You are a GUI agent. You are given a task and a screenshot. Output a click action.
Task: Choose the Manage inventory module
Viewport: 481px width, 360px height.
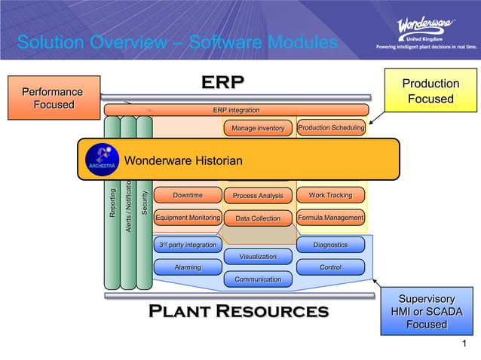(257, 129)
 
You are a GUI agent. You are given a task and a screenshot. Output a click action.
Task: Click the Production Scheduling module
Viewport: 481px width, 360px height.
(331, 128)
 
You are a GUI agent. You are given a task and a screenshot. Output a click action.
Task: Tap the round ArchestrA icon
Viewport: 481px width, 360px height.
(101, 159)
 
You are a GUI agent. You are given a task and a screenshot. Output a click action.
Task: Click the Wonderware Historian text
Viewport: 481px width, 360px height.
(183, 161)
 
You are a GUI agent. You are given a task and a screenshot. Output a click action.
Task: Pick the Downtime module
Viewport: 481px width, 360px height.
(188, 196)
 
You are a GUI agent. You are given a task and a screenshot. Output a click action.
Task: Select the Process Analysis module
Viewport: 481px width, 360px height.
(257, 196)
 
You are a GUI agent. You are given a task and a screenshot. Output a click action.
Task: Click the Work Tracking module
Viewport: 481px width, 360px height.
(330, 196)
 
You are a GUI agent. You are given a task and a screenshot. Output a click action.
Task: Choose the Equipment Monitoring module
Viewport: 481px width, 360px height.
(188, 218)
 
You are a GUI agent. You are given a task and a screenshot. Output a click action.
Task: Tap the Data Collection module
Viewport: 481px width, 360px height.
(257, 219)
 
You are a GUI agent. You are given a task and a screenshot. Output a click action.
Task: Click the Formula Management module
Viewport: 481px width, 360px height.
(330, 218)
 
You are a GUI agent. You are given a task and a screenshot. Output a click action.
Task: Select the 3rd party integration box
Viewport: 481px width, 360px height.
(188, 246)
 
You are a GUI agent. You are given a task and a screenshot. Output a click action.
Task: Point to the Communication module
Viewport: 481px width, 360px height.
(258, 279)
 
